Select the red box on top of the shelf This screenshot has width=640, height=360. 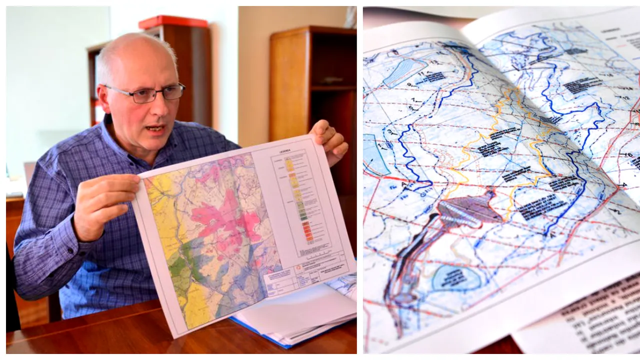click(173, 22)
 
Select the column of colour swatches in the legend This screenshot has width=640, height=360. click(295, 200)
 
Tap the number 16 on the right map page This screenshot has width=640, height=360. click(628, 154)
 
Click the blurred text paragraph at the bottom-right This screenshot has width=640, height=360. click(600, 315)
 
